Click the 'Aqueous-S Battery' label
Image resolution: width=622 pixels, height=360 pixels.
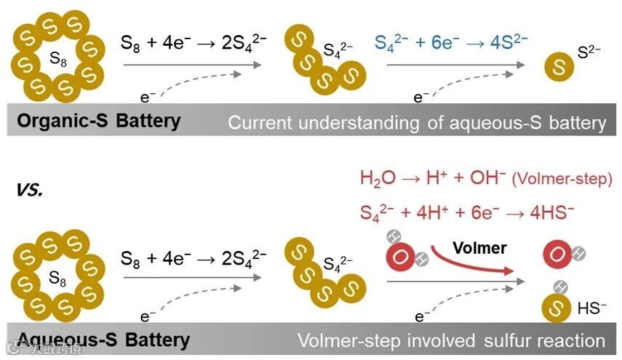pos(103,339)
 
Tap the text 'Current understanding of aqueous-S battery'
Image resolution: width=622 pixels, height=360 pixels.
pos(416,122)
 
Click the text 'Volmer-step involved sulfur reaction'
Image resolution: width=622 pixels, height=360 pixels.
pos(450,340)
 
